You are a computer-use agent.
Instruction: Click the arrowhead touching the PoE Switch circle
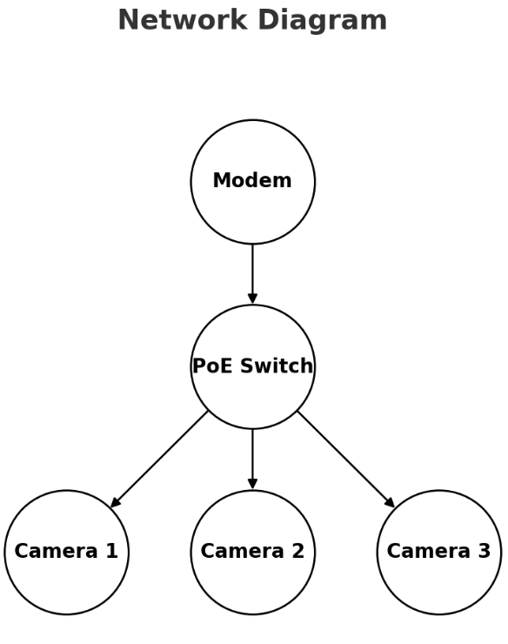(x=252, y=299)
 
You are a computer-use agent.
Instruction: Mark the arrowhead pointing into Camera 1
(x=115, y=503)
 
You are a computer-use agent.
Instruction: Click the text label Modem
(x=252, y=181)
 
